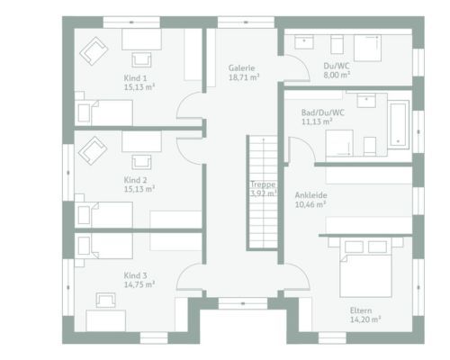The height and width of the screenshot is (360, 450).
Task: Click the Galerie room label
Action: [241, 68]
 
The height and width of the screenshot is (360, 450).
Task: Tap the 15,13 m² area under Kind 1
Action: [139, 87]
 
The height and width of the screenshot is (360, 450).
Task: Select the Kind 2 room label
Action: [136, 180]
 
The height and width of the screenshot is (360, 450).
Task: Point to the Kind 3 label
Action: [136, 275]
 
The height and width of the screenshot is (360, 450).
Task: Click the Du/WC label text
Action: [337, 66]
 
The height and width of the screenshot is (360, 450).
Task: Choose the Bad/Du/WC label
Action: [323, 112]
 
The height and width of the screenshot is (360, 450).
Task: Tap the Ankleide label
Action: [310, 195]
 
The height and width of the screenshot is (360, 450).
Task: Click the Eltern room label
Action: [361, 310]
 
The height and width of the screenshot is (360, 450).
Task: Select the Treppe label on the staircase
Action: [263, 184]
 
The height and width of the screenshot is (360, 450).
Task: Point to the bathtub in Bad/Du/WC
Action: [399, 124]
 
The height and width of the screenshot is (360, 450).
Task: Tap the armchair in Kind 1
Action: [94, 51]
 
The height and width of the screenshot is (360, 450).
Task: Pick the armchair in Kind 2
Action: [93, 150]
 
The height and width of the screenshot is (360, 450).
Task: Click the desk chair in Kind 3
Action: [105, 301]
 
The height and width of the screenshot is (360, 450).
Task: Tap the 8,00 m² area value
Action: [337, 75]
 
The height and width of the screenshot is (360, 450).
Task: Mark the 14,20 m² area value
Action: [365, 319]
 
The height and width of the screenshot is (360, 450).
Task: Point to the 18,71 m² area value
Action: [244, 77]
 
